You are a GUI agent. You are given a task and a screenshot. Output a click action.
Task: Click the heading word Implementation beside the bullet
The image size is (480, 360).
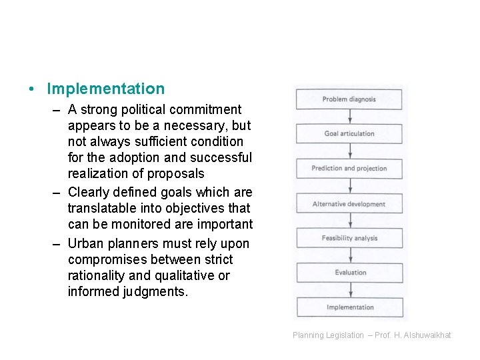tap(106, 89)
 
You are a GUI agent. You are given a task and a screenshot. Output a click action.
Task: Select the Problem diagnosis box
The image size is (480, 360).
tap(349, 99)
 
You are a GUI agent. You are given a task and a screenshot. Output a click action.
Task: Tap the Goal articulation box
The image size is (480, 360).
tap(349, 133)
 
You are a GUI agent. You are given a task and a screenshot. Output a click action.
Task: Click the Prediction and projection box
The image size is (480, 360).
tap(349, 168)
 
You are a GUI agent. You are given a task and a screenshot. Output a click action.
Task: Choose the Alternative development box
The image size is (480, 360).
tap(349, 204)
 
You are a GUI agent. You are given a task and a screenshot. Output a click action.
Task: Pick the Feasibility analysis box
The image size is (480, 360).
tap(349, 238)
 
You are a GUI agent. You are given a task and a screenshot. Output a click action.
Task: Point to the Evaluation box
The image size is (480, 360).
tap(349, 272)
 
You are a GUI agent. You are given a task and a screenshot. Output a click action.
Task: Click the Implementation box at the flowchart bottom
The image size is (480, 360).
tap(349, 307)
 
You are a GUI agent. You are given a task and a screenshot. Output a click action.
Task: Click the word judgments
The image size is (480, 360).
tap(155, 291)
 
